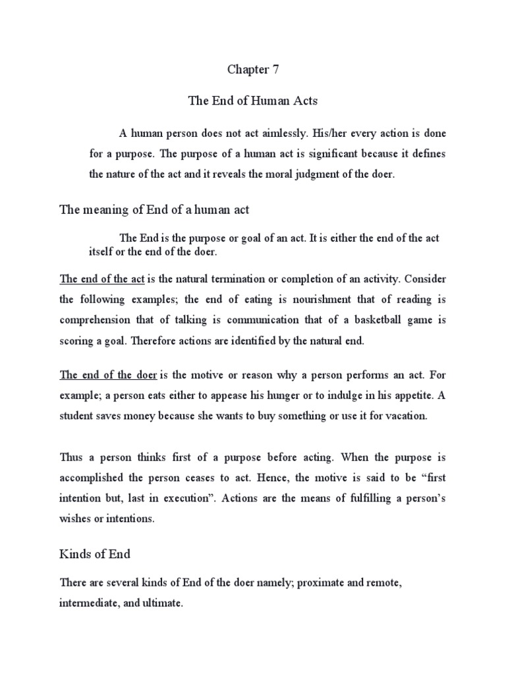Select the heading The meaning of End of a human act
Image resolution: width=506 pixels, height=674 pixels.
click(154, 210)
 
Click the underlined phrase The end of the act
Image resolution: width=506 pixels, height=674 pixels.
click(102, 279)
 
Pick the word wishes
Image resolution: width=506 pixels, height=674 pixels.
click(74, 519)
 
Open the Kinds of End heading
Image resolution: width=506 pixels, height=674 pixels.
click(95, 554)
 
